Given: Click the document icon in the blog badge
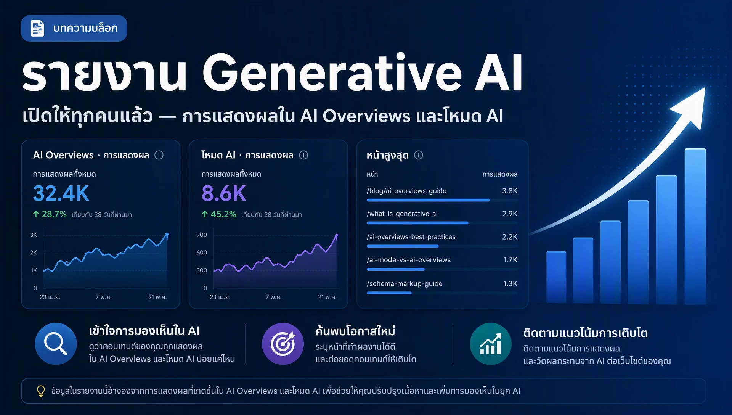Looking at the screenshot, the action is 37,28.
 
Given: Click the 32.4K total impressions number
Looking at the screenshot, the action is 61,193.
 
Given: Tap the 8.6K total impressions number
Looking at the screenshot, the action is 224,193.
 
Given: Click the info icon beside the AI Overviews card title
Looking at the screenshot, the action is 159,155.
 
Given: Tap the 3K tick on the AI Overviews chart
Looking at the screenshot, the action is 34,235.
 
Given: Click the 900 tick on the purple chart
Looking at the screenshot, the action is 202,235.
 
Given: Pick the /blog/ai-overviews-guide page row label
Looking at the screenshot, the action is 406,191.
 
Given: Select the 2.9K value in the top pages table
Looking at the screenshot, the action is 510,214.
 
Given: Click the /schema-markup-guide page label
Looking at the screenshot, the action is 405,283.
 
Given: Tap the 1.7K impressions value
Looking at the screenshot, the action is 510,260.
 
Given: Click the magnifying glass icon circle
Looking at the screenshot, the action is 56,344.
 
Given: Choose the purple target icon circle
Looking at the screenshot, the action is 283,344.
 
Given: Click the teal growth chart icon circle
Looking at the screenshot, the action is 491,344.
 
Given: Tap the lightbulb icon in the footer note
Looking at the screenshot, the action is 41,391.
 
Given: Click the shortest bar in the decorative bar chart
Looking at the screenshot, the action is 556,277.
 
